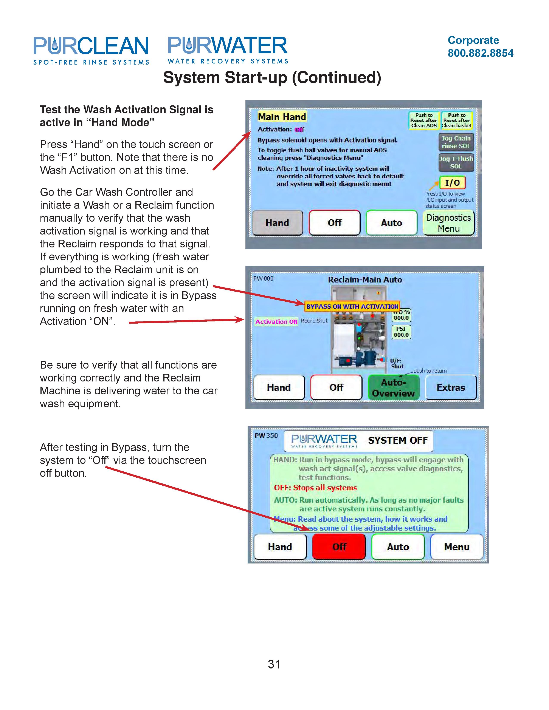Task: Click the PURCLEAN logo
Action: coord(91,50)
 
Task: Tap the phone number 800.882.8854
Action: coord(480,53)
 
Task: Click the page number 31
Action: coord(274,664)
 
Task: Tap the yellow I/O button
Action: coord(452,183)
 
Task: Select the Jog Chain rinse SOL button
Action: coord(456,142)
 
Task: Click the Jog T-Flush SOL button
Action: coord(456,162)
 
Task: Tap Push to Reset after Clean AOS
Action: coord(424,120)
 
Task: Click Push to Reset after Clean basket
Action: coord(457,120)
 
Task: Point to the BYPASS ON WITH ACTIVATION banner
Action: coord(352,306)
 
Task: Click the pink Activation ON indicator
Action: coord(276,321)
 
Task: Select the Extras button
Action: coord(451,387)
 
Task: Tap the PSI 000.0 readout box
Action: coord(401,332)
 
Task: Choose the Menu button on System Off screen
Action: coord(457,547)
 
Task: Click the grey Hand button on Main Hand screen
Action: coord(277,223)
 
